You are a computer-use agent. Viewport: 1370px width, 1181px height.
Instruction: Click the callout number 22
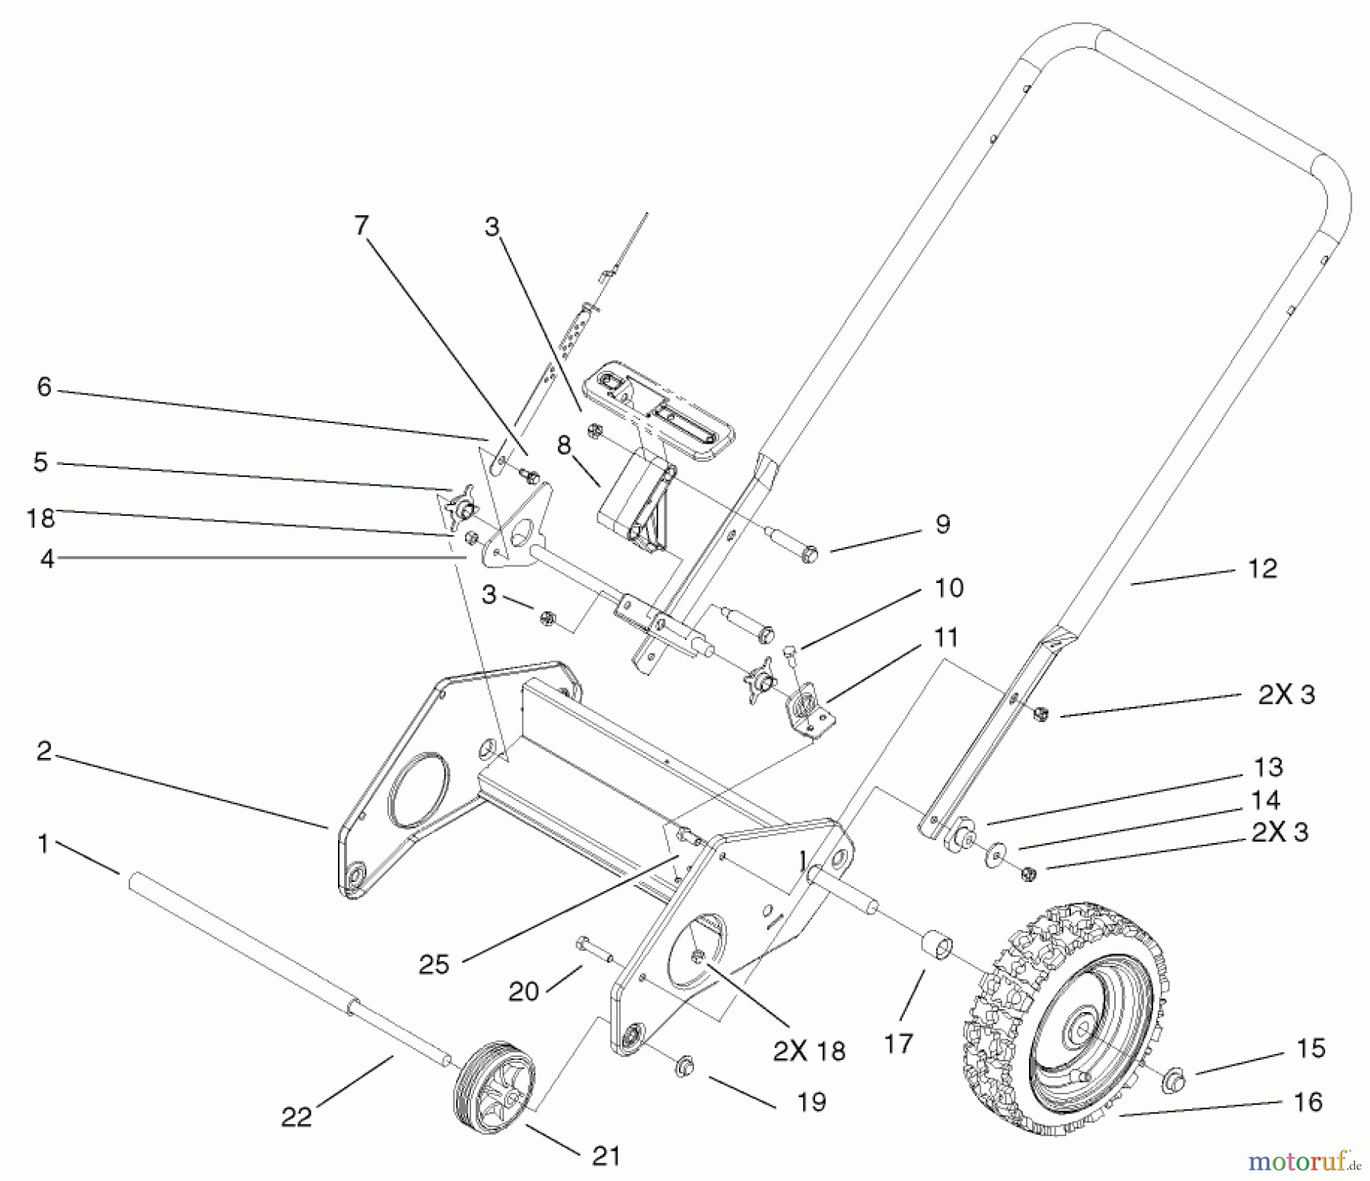(297, 1116)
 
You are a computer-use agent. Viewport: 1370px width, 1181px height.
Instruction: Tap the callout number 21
(606, 1156)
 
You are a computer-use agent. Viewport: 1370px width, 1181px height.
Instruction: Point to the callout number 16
(1308, 1101)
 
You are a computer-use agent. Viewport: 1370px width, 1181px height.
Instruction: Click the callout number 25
(435, 964)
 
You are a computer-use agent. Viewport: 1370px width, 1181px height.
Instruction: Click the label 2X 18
(809, 1051)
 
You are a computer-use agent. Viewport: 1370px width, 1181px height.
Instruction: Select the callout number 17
(899, 1043)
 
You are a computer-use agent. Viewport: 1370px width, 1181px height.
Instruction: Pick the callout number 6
(44, 387)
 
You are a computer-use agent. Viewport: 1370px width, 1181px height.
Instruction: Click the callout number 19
(812, 1101)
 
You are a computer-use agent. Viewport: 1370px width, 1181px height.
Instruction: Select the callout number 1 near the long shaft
(43, 844)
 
